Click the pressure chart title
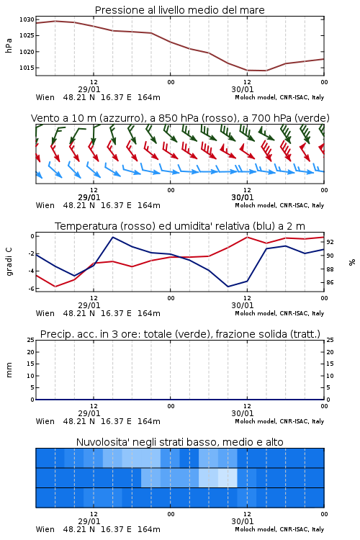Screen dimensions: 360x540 pyautogui.click(x=179, y=10)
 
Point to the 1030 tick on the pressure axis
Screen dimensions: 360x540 pyautogui.click(x=27, y=20)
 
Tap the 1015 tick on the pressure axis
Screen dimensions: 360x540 pyautogui.click(x=27, y=68)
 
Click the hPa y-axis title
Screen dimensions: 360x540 pyautogui.click(x=9, y=45)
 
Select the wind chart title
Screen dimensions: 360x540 pyautogui.click(x=180, y=118)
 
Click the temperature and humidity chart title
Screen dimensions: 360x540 pyautogui.click(x=180, y=226)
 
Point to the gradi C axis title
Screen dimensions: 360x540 pyautogui.click(x=9, y=262)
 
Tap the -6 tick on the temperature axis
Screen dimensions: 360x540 pyautogui.click(x=31, y=289)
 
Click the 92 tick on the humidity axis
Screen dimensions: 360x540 pyautogui.click(x=330, y=242)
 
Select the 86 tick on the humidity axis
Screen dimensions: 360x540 pyautogui.click(x=330, y=282)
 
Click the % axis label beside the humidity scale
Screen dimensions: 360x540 pyautogui.click(x=352, y=262)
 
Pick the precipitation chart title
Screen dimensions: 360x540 pyautogui.click(x=180, y=334)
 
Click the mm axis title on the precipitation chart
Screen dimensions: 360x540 pyautogui.click(x=9, y=370)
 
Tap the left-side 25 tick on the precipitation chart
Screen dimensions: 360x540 pyautogui.click(x=31, y=340)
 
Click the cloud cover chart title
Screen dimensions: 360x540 pyautogui.click(x=180, y=442)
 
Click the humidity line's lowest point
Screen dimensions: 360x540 pyautogui.click(x=228, y=287)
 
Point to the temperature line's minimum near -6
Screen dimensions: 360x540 pyautogui.click(x=55, y=287)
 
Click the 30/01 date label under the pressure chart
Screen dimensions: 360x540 pyautogui.click(x=243, y=89)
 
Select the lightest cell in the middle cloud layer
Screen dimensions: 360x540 pyautogui.click(x=228, y=477)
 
